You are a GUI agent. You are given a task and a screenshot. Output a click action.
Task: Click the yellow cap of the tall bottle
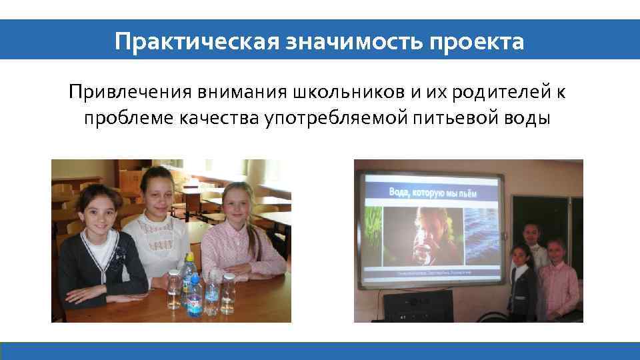pos(189,257)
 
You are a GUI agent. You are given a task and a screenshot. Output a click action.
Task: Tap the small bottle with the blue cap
pos(195,295)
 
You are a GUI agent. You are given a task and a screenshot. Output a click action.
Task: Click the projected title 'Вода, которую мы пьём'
pos(434,193)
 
